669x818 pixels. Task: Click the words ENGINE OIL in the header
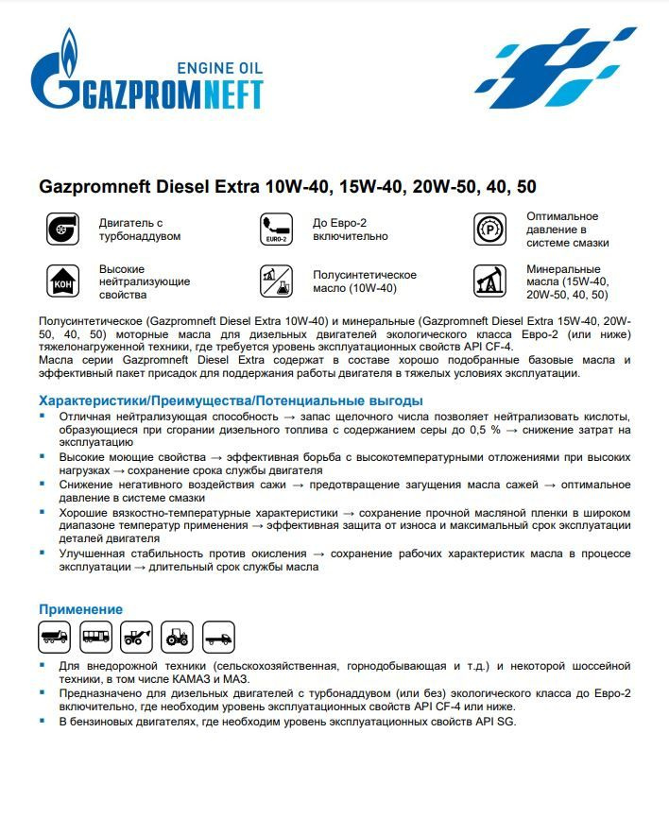click(220, 67)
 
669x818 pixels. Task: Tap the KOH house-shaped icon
click(62, 281)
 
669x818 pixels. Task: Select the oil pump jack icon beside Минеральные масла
click(489, 281)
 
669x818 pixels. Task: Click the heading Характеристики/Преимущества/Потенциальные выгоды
click(231, 400)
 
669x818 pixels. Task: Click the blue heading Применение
click(80, 609)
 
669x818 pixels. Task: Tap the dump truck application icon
click(55, 637)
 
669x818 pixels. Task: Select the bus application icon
click(95, 637)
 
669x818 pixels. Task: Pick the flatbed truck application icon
click(218, 637)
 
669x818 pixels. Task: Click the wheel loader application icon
click(137, 637)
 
